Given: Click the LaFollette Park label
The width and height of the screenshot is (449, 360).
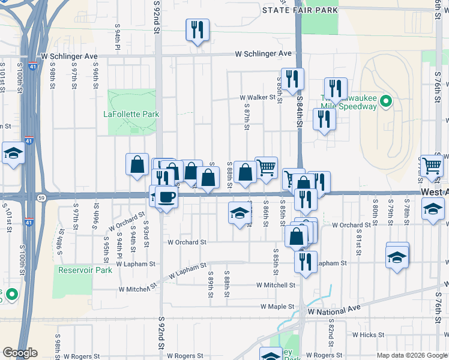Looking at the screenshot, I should (131, 113).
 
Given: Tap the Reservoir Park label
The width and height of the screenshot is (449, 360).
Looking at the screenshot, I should (85, 270).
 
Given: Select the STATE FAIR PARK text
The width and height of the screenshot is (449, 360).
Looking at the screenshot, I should (300, 10).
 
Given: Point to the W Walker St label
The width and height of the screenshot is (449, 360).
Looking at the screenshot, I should (257, 97).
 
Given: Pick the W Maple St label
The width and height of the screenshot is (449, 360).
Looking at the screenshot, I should (277, 307).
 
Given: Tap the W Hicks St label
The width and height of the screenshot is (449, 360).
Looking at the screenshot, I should (367, 335).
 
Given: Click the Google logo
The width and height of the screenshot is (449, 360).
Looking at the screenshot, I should (20, 353).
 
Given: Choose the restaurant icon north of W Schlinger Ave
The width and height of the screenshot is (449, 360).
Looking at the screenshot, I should (197, 29).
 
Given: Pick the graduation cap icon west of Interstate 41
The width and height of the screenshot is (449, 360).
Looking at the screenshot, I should (13, 154).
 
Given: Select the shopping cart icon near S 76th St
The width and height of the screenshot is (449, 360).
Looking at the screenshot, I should (432, 166).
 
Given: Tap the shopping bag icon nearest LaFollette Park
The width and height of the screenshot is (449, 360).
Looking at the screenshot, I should (137, 164).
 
